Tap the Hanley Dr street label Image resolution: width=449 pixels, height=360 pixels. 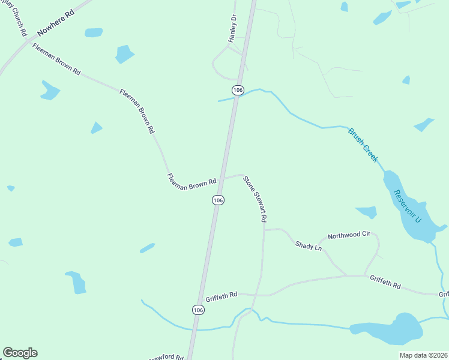233,29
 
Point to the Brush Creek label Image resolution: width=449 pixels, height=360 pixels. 363,145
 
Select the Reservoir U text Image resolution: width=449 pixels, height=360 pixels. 408,207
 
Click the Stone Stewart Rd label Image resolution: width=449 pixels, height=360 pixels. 255,199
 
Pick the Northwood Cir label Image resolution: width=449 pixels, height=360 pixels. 349,235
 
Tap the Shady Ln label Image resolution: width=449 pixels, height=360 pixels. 309,246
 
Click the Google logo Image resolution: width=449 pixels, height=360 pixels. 20,353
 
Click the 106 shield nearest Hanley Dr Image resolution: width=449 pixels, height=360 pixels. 238,90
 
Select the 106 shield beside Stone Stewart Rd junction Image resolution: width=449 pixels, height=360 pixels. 218,200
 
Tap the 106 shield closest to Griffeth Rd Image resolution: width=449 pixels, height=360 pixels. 199,310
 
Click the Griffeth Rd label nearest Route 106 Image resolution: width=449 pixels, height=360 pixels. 221,295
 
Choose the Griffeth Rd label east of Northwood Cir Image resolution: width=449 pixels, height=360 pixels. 385,281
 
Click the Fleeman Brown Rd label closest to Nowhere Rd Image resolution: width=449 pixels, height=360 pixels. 56,59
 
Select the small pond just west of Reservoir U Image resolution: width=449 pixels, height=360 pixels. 367,212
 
